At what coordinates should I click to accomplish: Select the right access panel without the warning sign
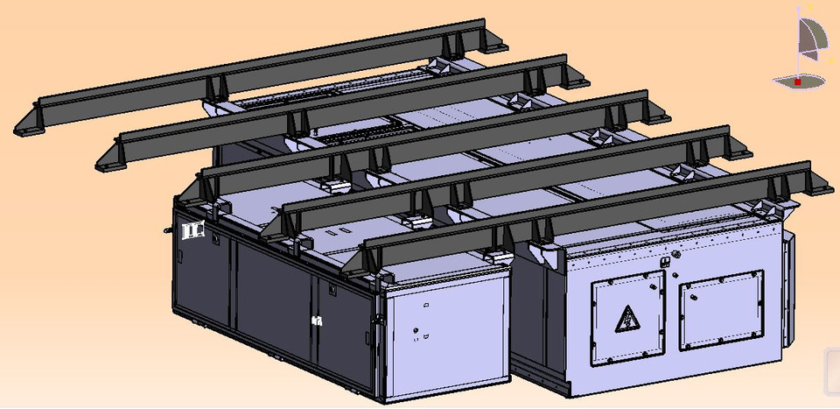tap(721, 310)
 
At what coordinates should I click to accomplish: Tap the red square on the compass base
tap(798, 81)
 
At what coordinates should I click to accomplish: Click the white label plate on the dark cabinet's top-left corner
tap(192, 231)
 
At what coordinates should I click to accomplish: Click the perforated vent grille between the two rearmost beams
tap(359, 136)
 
